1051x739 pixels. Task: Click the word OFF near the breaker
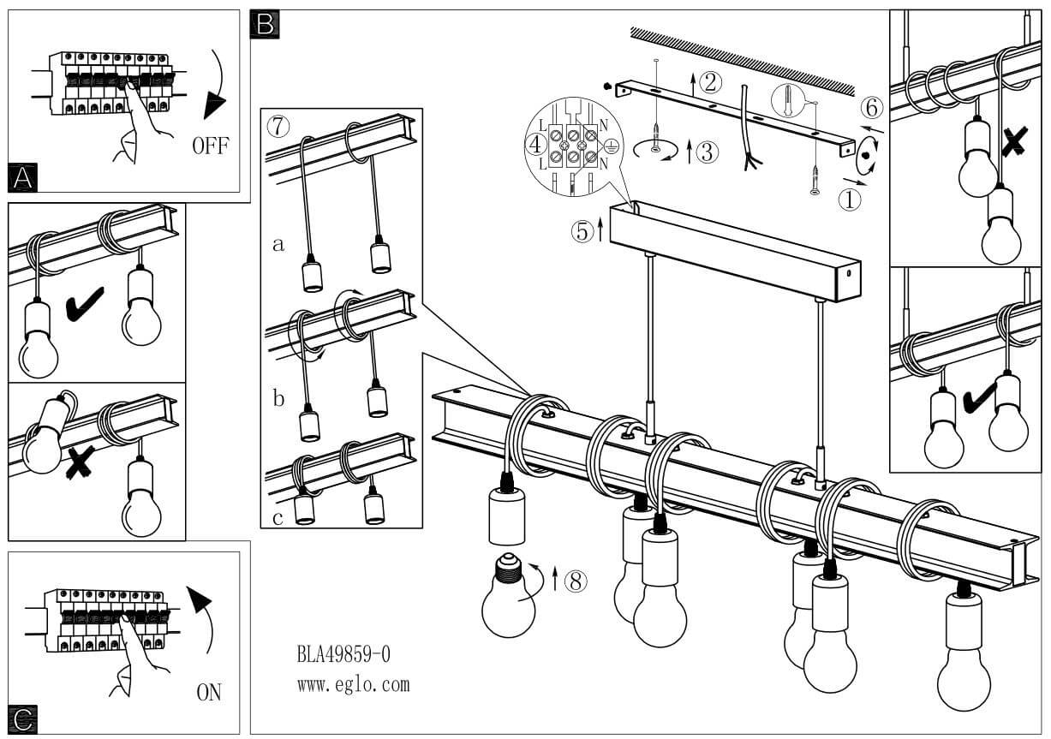[x=210, y=145]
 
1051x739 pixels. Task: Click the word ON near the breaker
[x=209, y=692]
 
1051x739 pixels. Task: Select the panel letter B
[x=265, y=24]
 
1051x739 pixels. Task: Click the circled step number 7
[x=277, y=126]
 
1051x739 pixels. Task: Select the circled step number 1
[x=848, y=200]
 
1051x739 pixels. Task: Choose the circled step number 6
[x=870, y=108]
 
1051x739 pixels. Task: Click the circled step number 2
[x=709, y=82]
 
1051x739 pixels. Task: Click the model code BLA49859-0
[x=343, y=655]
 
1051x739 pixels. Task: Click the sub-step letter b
[x=278, y=398]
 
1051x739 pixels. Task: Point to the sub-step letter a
[x=278, y=244]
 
